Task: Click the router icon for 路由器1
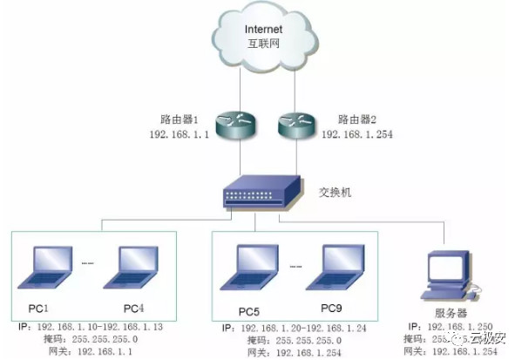point(235,126)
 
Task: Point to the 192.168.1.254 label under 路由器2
point(356,136)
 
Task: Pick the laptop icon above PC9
point(341,267)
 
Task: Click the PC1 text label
point(37,309)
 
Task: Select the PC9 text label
point(332,309)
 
